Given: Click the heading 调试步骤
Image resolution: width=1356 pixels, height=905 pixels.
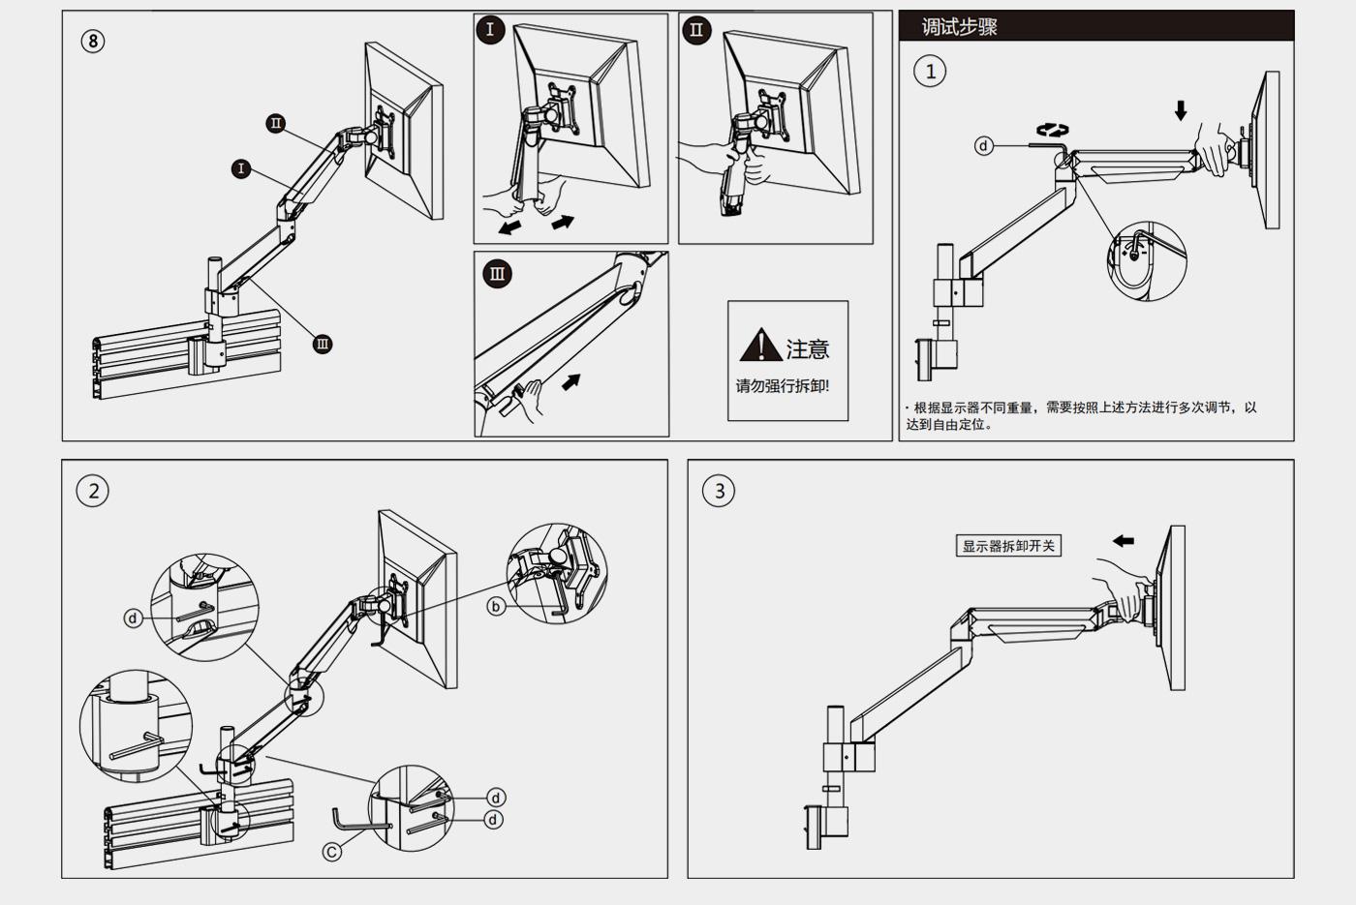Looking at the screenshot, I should click(x=959, y=27).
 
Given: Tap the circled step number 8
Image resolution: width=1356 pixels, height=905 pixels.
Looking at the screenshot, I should click(x=93, y=41).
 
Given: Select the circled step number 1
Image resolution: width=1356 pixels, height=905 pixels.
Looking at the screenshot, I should click(x=930, y=72).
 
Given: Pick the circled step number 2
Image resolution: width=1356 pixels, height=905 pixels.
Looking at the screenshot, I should click(x=93, y=491).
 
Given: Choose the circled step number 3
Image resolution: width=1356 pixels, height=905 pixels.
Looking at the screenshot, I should click(x=719, y=491).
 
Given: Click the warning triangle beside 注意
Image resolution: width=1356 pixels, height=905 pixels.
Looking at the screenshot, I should click(x=760, y=346).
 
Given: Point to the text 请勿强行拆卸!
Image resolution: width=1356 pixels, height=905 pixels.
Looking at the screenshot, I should click(x=783, y=386).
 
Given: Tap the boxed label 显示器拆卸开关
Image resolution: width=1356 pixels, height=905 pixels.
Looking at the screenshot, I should click(x=1008, y=546).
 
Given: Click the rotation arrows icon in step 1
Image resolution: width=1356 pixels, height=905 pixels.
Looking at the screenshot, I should click(x=1052, y=131).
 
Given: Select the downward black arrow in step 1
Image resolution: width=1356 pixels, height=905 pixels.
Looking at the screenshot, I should click(x=1181, y=110).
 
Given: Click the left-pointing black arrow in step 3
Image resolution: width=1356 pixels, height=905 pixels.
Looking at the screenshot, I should click(x=1124, y=541).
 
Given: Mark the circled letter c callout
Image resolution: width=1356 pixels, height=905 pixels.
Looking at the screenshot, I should click(x=332, y=852).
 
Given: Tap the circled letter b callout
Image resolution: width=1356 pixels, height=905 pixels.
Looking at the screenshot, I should click(x=496, y=607).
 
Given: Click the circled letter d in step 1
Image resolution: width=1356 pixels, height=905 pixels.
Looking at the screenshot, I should click(x=984, y=146).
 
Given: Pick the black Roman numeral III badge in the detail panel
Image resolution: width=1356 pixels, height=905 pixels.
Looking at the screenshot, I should click(x=497, y=274).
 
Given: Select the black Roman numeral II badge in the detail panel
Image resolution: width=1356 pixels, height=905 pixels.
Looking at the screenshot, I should click(x=696, y=30).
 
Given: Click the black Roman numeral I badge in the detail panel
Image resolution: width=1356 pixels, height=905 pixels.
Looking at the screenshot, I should click(x=490, y=30).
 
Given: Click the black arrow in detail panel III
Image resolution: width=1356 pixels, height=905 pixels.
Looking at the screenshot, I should click(x=570, y=381).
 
